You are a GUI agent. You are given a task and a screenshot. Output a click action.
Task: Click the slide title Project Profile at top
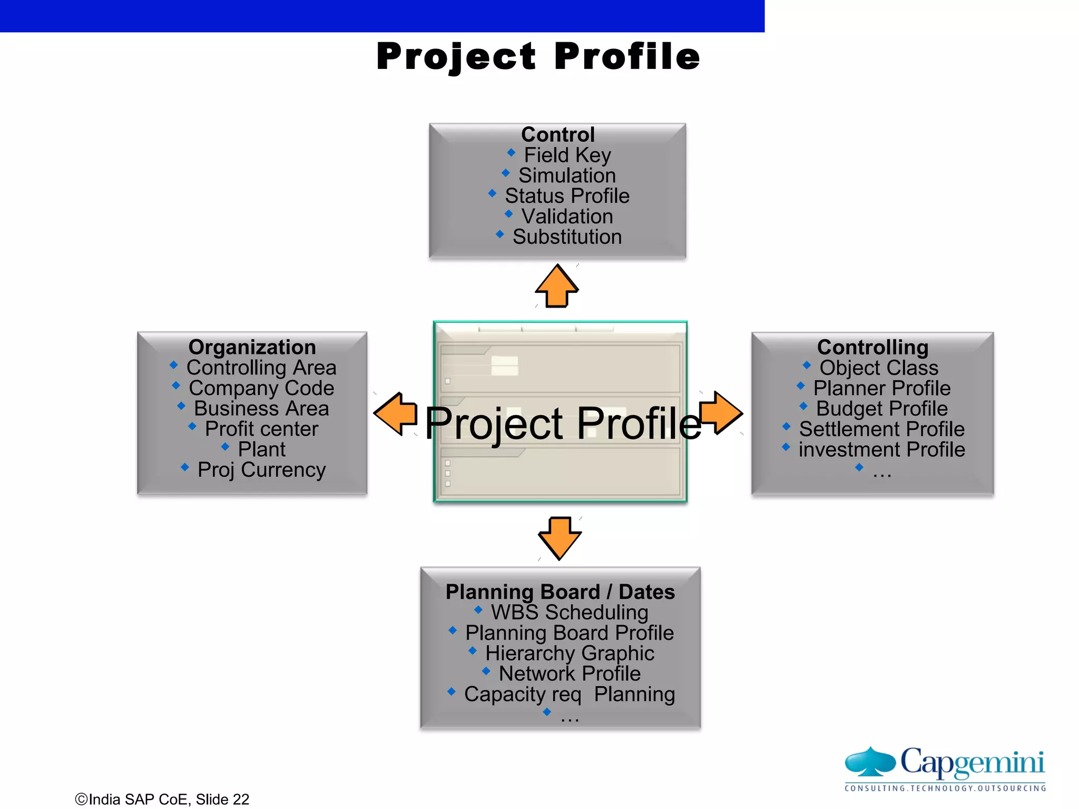(538, 56)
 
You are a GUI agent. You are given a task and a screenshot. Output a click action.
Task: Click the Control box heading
(557, 135)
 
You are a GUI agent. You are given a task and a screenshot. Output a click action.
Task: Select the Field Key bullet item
(567, 155)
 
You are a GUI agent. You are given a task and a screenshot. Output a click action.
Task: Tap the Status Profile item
(567, 196)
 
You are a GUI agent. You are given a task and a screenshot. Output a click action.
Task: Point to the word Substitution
(567, 237)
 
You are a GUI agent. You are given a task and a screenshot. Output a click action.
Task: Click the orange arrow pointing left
(396, 414)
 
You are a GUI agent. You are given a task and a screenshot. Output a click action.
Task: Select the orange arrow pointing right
(721, 413)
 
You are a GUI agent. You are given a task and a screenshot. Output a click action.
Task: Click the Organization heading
(252, 348)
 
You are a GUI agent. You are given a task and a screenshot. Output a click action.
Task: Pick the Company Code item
(261, 388)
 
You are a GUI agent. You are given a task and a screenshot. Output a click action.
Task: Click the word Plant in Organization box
(261, 449)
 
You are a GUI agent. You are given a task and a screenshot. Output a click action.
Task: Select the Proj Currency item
(261, 470)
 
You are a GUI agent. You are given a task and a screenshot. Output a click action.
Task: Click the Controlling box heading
(872, 348)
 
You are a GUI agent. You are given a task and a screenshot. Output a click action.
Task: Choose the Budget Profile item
(881, 409)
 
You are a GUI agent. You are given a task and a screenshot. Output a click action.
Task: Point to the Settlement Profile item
(881, 429)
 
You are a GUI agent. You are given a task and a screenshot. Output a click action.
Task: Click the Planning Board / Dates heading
(560, 592)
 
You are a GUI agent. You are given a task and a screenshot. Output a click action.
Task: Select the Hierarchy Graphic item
(570, 654)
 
